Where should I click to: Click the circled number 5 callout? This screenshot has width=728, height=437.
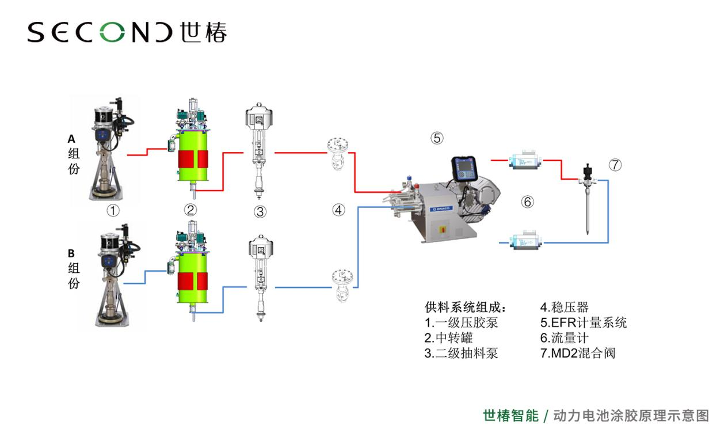tap(437, 138)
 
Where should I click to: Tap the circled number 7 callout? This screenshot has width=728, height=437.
tap(615, 165)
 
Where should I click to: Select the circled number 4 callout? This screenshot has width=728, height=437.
tap(338, 210)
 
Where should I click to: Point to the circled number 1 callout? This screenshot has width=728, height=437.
tap(113, 211)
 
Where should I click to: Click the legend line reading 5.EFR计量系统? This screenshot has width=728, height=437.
tap(583, 322)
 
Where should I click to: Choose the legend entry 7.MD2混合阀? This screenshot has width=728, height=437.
tap(577, 353)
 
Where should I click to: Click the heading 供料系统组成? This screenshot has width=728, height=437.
tap(465, 307)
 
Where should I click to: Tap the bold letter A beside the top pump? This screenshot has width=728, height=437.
tap(72, 138)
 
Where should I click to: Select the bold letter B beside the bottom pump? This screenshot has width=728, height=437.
tap(72, 253)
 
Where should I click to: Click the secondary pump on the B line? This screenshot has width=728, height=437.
tap(260, 276)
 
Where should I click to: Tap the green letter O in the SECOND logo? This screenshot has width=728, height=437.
tap(115, 32)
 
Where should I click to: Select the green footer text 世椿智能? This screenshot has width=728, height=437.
tap(510, 416)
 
